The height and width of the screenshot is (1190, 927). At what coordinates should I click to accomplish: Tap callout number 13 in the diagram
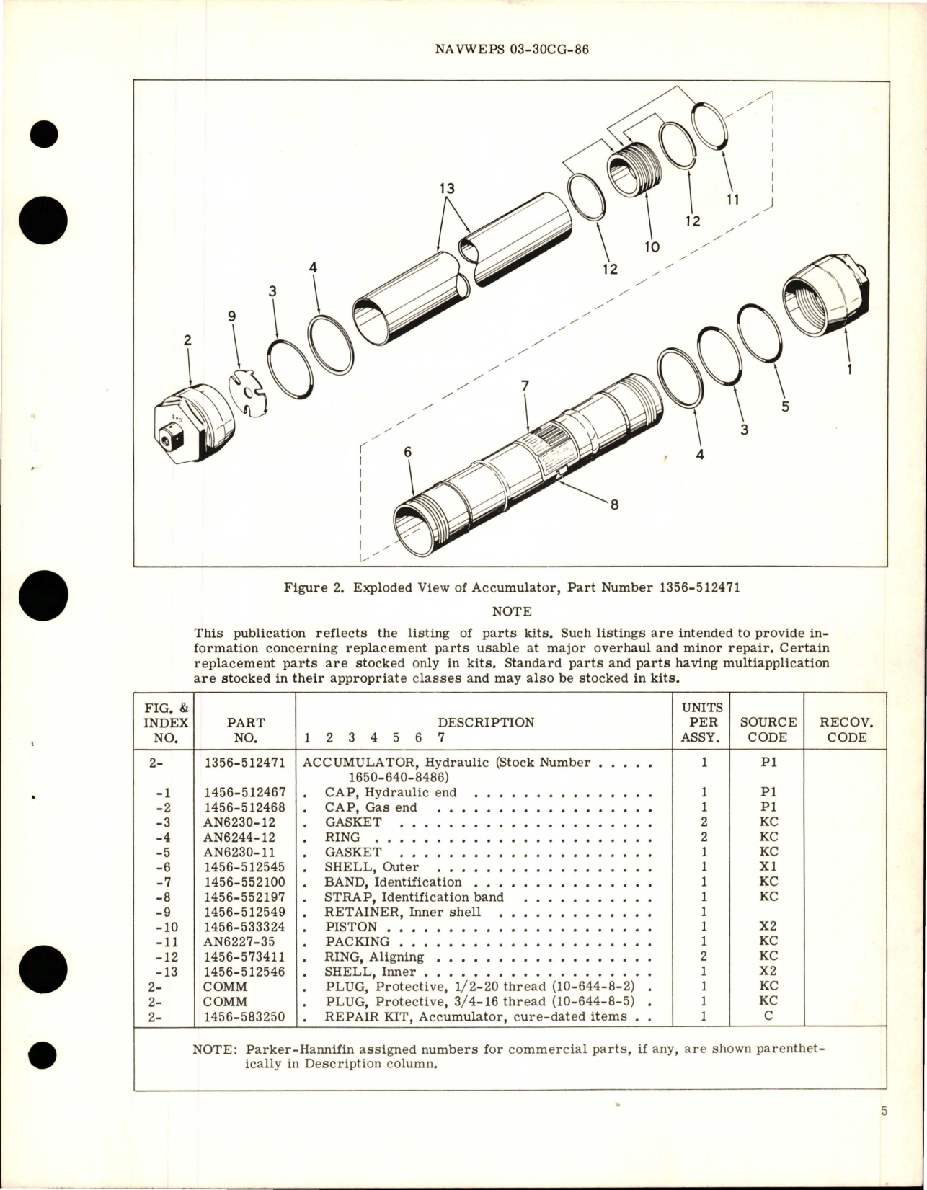pos(448,189)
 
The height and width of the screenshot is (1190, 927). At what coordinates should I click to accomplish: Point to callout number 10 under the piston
pos(652,247)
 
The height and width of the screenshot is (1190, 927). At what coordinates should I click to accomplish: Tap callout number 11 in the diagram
pos(732,200)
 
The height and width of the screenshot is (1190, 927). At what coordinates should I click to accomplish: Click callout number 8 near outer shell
pos(614,505)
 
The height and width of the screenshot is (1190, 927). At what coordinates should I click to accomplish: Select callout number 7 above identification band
pos(525,386)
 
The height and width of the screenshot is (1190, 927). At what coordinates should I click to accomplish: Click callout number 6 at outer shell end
pos(407,452)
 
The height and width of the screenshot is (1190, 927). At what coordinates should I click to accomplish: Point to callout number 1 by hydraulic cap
pos(850,370)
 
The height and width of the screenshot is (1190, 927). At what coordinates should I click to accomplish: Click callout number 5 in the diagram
pos(785,407)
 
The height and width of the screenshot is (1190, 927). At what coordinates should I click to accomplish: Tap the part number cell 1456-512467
pos(244,792)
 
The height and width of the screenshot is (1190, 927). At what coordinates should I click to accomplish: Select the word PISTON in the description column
pos(351,927)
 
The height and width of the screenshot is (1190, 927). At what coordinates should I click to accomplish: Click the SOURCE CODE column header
pos(768,729)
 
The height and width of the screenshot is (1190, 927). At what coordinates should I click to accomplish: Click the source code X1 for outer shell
pos(768,867)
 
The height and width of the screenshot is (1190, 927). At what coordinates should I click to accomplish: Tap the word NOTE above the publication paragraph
pos(512,611)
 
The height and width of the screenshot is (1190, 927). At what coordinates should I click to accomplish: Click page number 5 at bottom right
pos(884,1132)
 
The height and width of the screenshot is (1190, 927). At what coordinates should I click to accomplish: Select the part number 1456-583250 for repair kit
pos(244,1017)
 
